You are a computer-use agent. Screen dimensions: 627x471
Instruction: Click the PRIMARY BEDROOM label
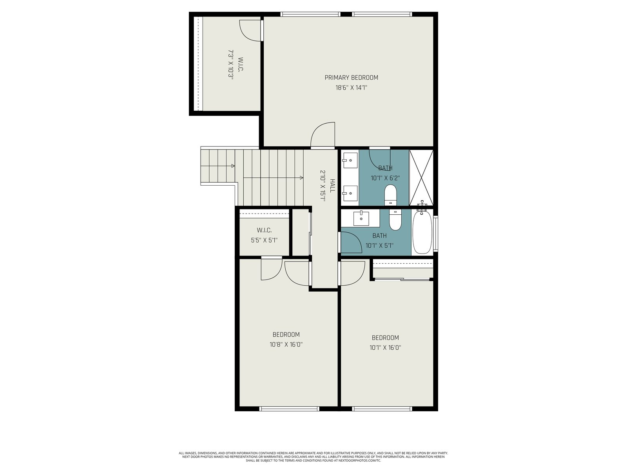click(x=351, y=77)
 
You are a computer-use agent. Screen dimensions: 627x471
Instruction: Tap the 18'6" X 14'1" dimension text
click(x=351, y=88)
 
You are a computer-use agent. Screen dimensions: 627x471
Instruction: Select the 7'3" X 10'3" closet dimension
click(x=230, y=65)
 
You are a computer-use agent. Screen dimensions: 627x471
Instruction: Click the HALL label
click(x=332, y=186)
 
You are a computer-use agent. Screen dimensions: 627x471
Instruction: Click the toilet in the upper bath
click(x=390, y=195)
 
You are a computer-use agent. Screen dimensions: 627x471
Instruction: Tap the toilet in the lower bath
click(x=395, y=220)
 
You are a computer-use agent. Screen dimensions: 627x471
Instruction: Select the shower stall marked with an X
click(x=421, y=177)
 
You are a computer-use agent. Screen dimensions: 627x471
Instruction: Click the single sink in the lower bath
click(x=361, y=219)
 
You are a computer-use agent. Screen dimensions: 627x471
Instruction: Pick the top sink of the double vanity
click(x=350, y=161)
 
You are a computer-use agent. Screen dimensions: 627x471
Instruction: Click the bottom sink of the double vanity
click(x=350, y=193)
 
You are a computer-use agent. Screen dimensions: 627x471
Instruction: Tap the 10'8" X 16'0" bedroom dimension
click(x=286, y=344)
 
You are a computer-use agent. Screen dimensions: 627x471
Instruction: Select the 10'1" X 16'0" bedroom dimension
click(x=385, y=347)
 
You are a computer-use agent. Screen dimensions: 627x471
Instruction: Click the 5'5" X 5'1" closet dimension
click(x=264, y=240)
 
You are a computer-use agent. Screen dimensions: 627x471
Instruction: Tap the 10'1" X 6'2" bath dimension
click(x=385, y=178)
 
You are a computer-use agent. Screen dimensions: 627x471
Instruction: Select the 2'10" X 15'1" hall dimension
click(x=323, y=186)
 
